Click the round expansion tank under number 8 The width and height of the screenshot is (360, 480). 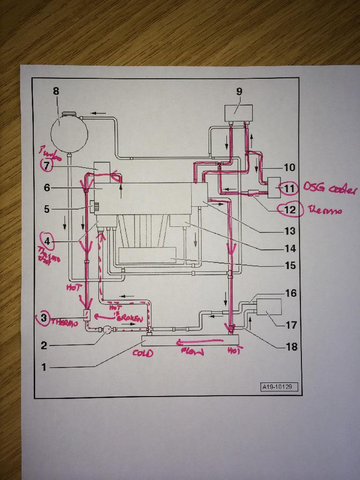click(69, 133)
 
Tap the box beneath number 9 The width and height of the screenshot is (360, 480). click(238, 113)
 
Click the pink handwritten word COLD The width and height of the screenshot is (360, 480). click(143, 353)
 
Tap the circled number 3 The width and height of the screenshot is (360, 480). click(44, 318)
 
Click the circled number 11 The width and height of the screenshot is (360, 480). click(287, 188)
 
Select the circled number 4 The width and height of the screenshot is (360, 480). click(47, 242)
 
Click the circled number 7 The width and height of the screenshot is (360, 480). click(47, 165)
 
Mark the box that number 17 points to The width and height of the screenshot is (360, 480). click(267, 307)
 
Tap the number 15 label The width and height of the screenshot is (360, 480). click(290, 266)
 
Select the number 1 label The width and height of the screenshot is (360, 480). click(44, 367)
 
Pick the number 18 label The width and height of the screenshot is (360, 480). click(291, 347)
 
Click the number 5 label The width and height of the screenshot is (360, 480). click(46, 209)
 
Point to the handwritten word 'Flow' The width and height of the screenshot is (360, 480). click(193, 351)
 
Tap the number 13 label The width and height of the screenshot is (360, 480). click(290, 231)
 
